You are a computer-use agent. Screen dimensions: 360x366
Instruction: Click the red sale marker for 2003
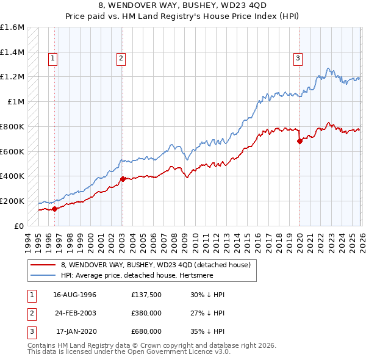click(123, 179)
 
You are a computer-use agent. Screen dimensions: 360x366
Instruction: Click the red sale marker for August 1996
click(54, 209)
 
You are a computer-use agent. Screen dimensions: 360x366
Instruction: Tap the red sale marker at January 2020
click(300, 141)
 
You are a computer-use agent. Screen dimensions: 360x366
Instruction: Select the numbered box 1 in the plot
click(53, 59)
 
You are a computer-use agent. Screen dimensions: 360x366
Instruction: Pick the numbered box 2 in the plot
click(121, 59)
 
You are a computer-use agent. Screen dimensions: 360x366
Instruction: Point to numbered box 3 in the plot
click(298, 59)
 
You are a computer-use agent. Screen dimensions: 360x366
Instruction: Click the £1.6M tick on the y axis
click(12, 27)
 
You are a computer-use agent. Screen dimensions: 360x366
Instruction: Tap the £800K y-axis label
click(12, 126)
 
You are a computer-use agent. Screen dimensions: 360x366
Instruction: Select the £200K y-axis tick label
click(12, 201)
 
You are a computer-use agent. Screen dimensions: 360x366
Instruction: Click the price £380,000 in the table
click(146, 313)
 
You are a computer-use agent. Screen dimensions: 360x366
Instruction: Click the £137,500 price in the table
click(146, 295)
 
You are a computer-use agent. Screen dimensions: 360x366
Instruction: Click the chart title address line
click(183, 7)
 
